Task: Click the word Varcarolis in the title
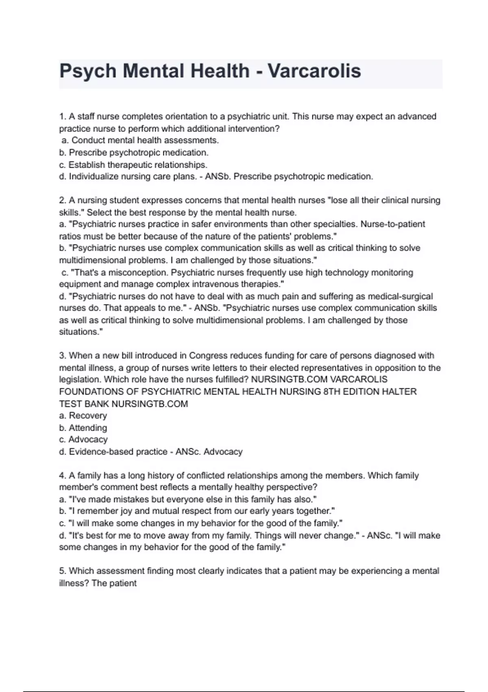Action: pos(314,71)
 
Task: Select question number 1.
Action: pos(63,116)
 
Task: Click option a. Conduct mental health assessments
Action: pos(140,140)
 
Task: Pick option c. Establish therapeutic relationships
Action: pos(133,165)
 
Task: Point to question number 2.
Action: pos(63,200)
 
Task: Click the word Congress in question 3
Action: pos(205,355)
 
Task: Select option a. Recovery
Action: pos(83,416)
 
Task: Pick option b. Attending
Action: pos(83,428)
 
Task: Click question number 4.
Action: pos(63,475)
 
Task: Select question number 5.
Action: pos(63,571)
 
